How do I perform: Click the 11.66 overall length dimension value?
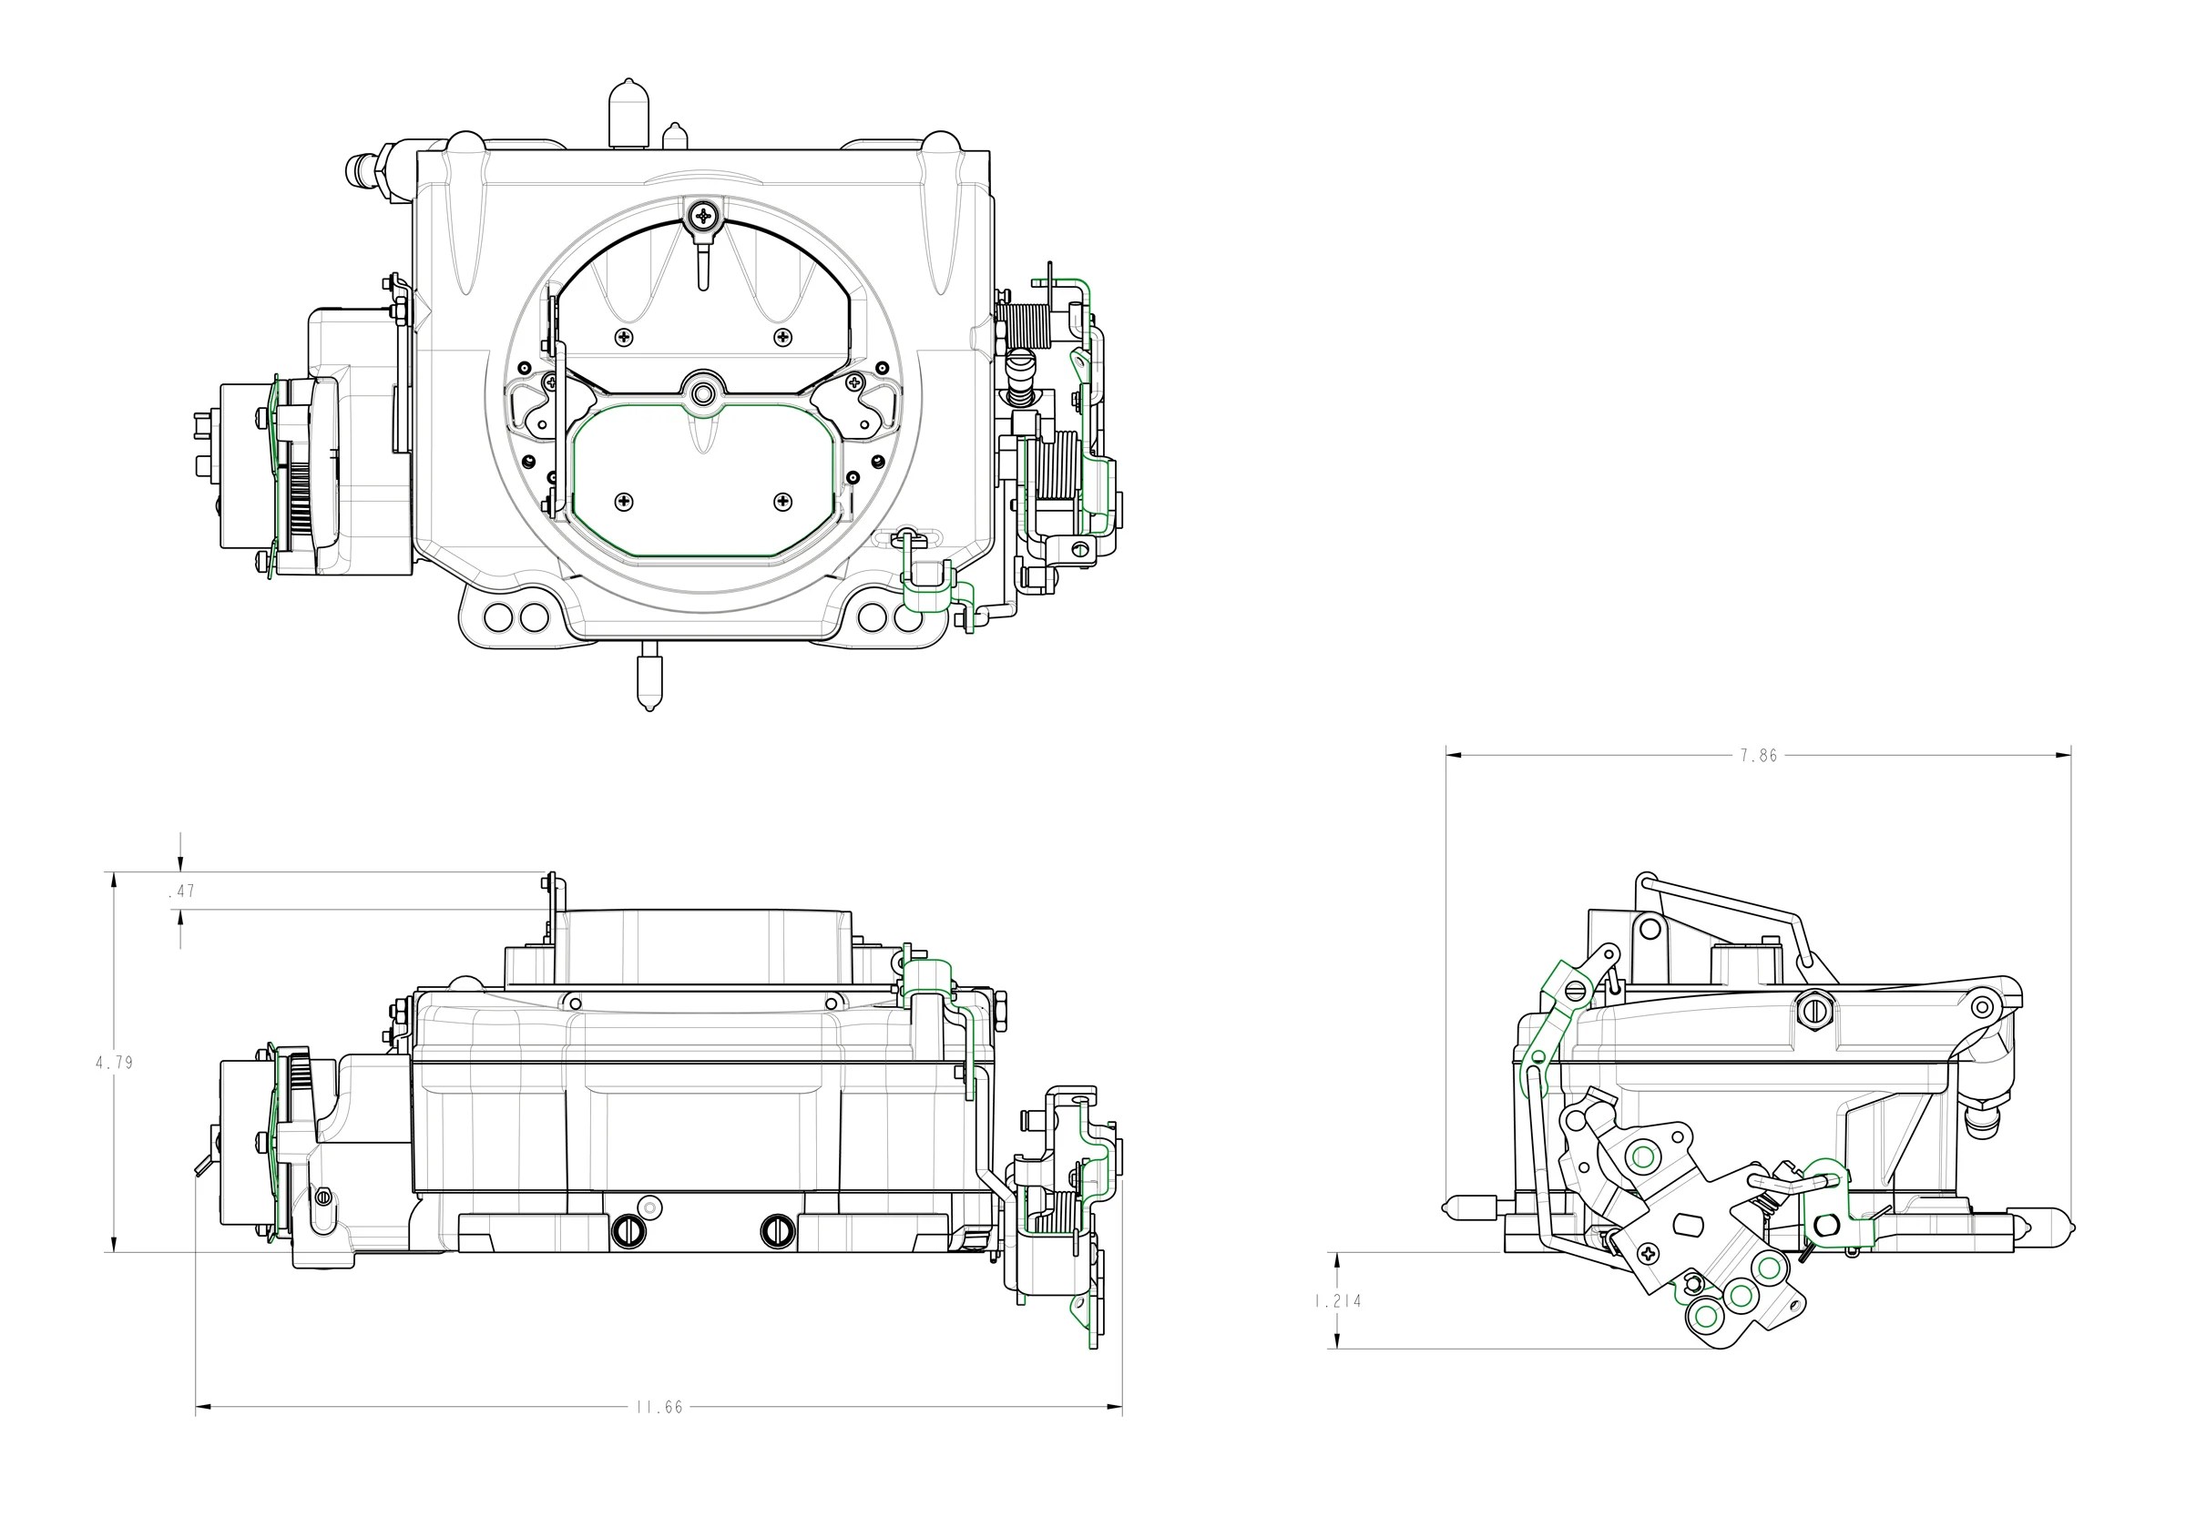click(659, 1407)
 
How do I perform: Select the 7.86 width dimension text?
click(1759, 756)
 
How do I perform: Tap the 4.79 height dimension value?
click(114, 1063)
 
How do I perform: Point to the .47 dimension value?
click(181, 891)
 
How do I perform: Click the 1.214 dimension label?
click(1338, 1300)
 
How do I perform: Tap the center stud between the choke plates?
click(703, 392)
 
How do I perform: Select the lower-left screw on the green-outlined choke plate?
click(624, 501)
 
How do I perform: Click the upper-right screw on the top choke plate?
click(782, 336)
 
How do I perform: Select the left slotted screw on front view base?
click(628, 1231)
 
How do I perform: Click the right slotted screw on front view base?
click(775, 1231)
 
